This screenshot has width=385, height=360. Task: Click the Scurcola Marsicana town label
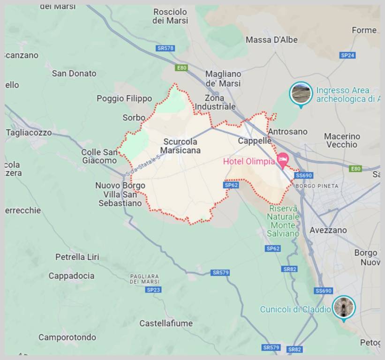[181, 146]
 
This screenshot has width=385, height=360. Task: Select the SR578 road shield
[166, 48]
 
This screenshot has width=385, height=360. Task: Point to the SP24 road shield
[347, 55]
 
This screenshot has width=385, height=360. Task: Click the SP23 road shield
[153, 290]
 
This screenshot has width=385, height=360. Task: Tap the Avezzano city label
[328, 230]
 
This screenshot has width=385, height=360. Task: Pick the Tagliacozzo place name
[29, 133]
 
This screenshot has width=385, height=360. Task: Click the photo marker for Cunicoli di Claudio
[344, 307]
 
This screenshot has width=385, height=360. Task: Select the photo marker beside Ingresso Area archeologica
[301, 93]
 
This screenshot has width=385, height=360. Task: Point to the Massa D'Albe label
[272, 40]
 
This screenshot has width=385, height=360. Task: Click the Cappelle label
[255, 141]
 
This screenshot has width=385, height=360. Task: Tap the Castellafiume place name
[166, 323]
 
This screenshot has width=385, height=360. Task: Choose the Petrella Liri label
[77, 257]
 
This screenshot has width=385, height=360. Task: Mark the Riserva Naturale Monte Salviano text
[283, 221]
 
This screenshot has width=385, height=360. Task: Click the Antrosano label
[287, 132]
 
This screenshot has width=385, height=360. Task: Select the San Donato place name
[74, 73]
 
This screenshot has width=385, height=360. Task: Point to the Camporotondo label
[67, 337]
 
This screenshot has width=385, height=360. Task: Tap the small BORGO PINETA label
[317, 186]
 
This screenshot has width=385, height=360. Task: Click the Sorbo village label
[134, 118]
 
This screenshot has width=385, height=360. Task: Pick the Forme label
[364, 30]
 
